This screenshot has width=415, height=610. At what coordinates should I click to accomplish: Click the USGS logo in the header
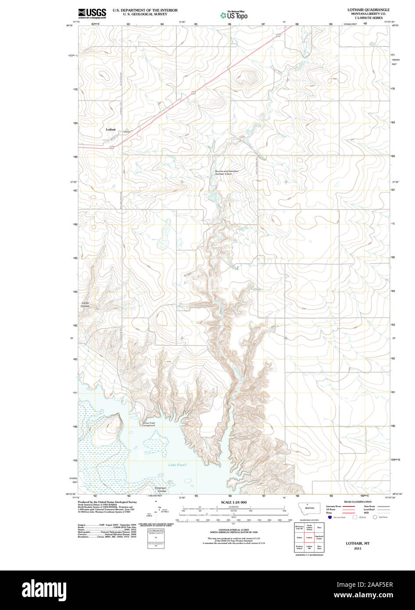pos(92,13)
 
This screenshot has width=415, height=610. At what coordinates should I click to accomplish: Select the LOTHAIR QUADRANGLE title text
pos(362,9)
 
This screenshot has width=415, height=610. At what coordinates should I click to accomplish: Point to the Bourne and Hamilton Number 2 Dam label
pos(227,172)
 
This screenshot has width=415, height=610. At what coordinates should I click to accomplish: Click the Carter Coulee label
pos(85,304)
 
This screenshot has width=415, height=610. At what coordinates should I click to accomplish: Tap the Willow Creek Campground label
pos(148,424)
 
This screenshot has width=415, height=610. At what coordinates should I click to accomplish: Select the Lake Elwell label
pos(178,465)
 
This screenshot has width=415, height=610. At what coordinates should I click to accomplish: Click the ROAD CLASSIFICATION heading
pos(358,502)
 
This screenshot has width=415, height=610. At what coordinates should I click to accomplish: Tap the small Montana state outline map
pos(309,507)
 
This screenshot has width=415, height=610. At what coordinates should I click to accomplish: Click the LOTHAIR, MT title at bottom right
pos(358,543)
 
